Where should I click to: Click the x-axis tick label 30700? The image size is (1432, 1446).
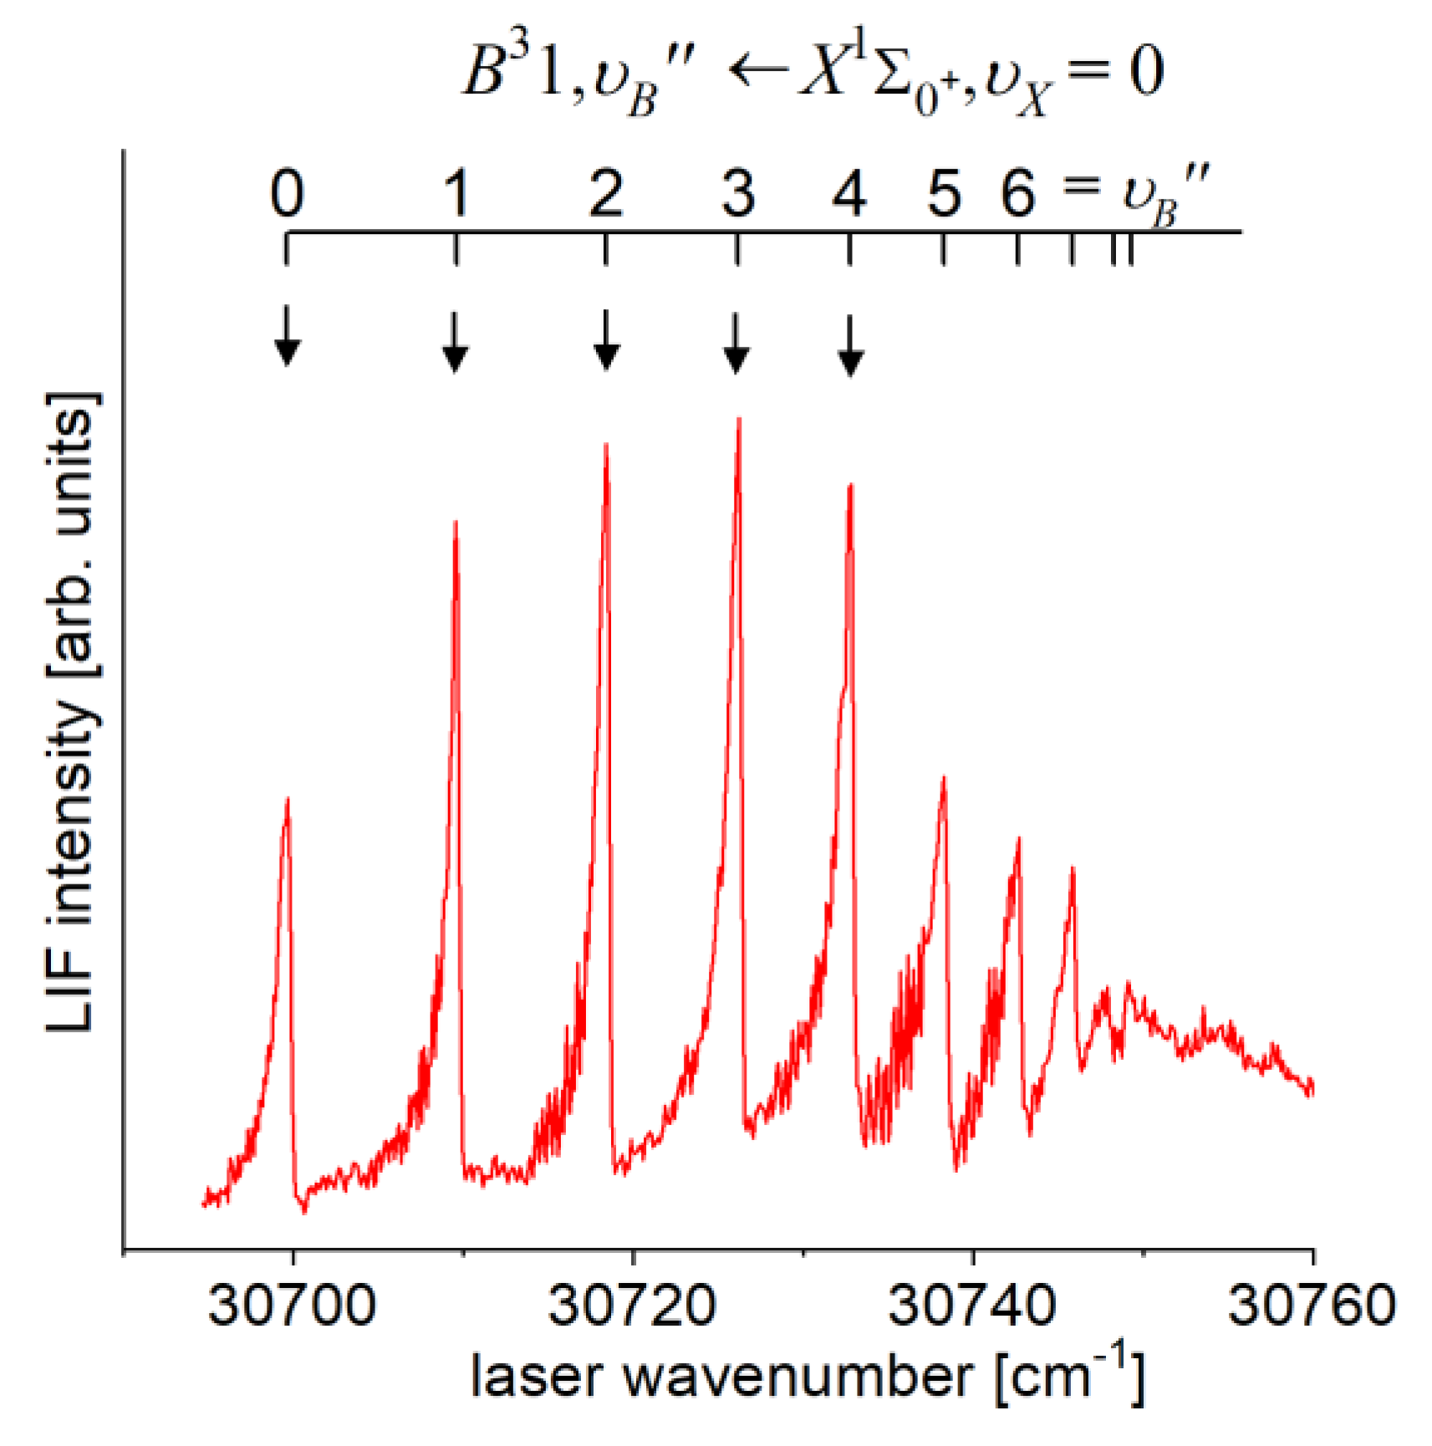292,1305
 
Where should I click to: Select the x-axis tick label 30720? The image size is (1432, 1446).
632,1305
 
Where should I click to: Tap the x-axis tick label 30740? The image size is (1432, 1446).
972,1305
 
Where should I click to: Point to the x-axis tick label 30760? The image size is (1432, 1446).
1312,1305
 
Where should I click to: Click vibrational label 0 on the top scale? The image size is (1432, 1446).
287,194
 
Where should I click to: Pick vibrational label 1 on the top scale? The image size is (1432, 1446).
456,194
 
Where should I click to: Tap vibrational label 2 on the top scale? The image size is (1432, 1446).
605,194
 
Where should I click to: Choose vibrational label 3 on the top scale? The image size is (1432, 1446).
737,194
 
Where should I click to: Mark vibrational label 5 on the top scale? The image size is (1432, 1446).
944,194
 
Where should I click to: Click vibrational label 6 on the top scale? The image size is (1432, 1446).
1017,194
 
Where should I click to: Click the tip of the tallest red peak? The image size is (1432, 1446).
739,420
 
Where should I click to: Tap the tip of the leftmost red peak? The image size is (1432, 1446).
288,800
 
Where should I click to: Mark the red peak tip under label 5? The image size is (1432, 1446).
944,778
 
